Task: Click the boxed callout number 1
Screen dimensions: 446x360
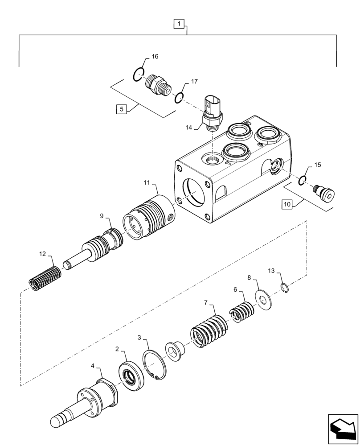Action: click(x=178, y=23)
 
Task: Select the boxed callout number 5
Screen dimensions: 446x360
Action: click(x=120, y=108)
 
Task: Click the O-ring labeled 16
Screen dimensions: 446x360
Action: click(x=139, y=74)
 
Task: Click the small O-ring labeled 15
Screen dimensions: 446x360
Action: click(x=302, y=180)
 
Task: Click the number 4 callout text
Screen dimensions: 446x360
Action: click(x=93, y=366)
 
